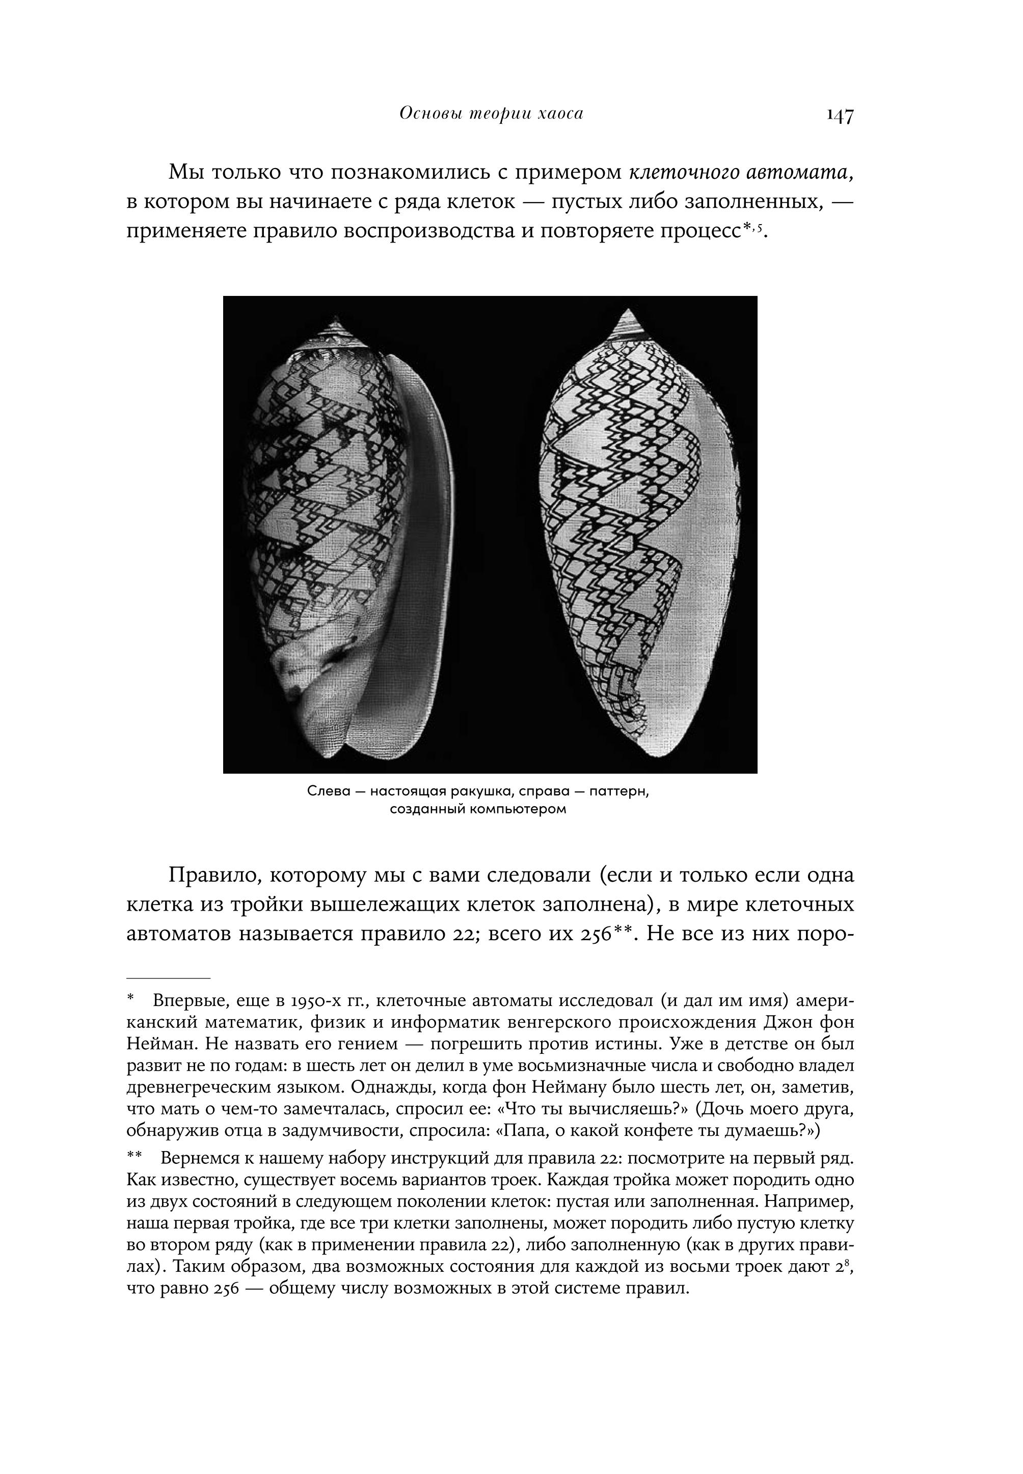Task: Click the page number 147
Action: (x=840, y=116)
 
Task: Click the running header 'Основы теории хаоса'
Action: (x=491, y=114)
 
